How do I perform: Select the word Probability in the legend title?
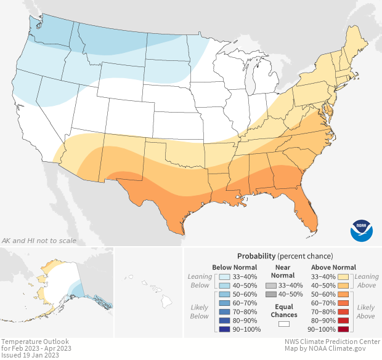(x=257, y=255)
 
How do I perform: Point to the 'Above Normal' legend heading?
(x=334, y=267)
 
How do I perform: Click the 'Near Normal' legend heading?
(x=283, y=271)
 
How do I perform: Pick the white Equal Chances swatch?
(x=283, y=323)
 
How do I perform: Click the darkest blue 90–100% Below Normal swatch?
(x=224, y=329)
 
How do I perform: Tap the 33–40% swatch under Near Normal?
(x=272, y=286)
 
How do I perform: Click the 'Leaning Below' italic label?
(x=200, y=281)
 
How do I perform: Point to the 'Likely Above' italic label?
(x=365, y=311)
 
